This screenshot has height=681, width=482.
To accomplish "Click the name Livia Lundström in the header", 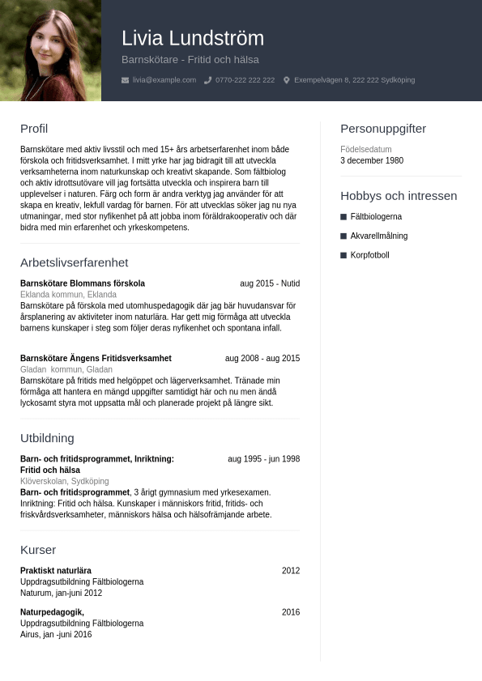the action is [x=193, y=38].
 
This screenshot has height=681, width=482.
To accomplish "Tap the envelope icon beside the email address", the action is [x=125, y=80].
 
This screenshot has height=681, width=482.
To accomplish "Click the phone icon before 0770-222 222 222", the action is [x=208, y=80].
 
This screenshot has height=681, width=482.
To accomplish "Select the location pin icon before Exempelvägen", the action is [x=287, y=80].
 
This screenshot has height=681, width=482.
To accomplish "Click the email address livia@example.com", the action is [x=164, y=80].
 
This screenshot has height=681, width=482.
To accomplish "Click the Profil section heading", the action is [x=34, y=129].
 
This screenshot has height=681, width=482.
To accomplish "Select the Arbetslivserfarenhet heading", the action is [x=74, y=262].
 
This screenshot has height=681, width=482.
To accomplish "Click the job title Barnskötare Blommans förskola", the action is [x=83, y=283].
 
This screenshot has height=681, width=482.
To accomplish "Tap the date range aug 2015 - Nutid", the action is [x=270, y=283].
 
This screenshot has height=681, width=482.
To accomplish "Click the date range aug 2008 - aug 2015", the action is [x=262, y=358].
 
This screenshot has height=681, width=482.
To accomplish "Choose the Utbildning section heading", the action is [x=47, y=438].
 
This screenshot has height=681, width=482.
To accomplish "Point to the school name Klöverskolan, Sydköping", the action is [x=64, y=481].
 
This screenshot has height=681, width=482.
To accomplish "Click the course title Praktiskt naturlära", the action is [x=56, y=571].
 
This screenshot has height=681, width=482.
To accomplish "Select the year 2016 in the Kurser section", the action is [x=291, y=612].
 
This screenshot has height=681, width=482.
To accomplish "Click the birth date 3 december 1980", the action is [x=372, y=160].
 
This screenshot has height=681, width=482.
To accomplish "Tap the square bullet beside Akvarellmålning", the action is [x=343, y=236].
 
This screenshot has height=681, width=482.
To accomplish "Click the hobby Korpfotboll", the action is [x=369, y=255].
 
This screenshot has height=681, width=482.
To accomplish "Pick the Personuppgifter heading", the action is [x=383, y=129].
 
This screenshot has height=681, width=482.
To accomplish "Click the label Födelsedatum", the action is [x=366, y=149].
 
